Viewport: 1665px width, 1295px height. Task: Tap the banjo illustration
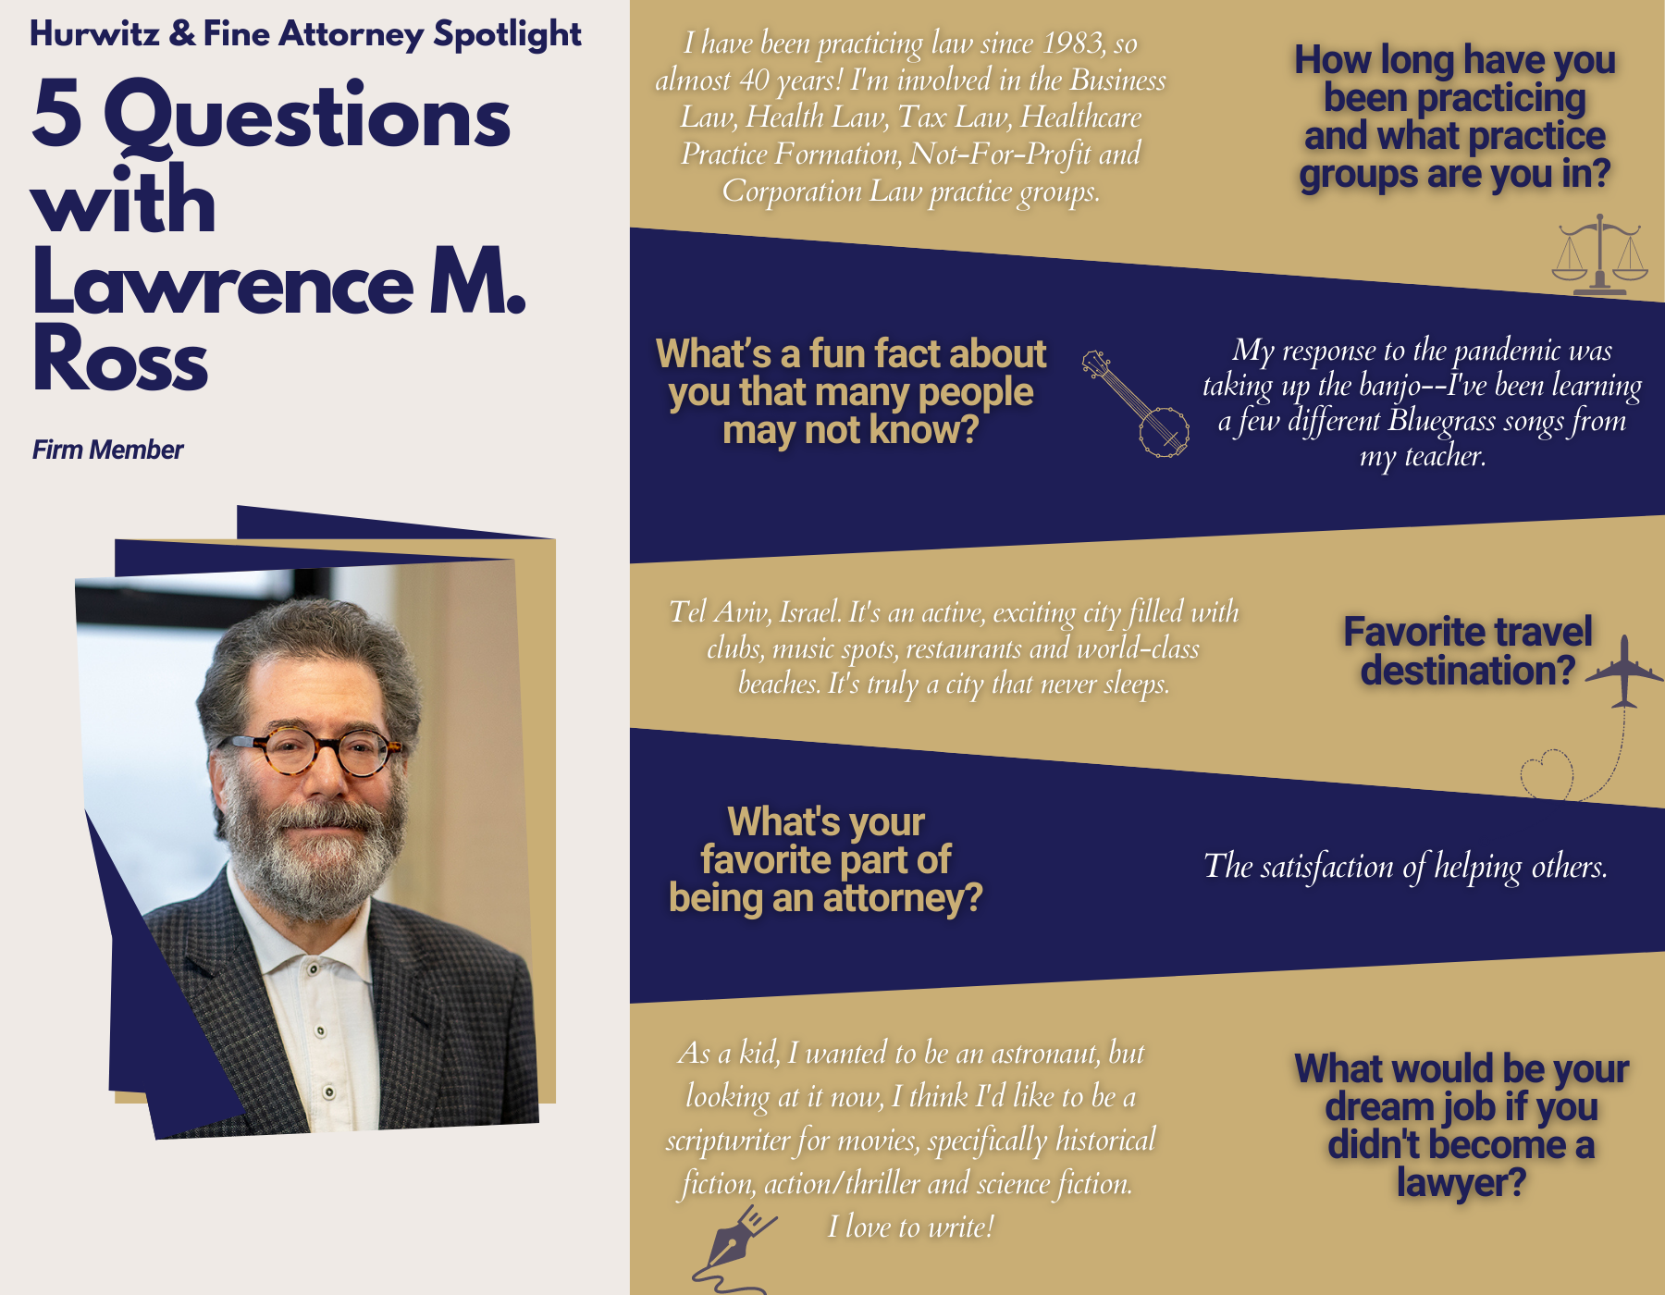[x=1136, y=403]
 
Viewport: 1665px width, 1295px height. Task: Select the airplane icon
[x=1624, y=672]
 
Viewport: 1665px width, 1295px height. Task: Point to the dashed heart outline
[x=1547, y=774]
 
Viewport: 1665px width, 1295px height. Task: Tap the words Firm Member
[x=107, y=450]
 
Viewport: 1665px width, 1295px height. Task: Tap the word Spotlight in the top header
[x=507, y=34]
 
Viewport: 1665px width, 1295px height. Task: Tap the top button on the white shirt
[x=314, y=968]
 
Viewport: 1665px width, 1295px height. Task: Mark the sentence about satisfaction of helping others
[x=1405, y=866]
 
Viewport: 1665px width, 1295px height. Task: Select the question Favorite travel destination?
[x=1468, y=651]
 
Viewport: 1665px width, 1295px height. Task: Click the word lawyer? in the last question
[x=1461, y=1182]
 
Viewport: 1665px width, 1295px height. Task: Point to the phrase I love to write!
[x=910, y=1227]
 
